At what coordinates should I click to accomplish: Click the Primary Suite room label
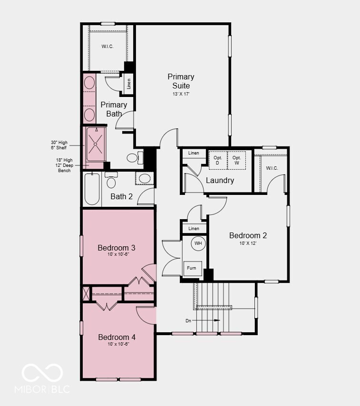[181, 81]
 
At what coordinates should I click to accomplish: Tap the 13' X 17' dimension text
[181, 94]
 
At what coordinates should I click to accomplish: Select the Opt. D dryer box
[218, 160]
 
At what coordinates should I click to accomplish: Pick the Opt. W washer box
[236, 160]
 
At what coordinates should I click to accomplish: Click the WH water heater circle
[198, 243]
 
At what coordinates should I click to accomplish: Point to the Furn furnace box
[191, 268]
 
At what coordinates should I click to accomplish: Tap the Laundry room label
[220, 181]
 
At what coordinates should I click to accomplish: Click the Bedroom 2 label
[248, 235]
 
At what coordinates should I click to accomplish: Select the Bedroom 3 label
[117, 248]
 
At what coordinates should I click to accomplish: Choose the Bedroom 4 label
[117, 337]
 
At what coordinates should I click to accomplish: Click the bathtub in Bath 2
[92, 189]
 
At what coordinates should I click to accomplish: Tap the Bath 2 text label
[122, 196]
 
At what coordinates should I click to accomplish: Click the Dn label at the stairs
[188, 320]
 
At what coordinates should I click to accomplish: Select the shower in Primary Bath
[96, 144]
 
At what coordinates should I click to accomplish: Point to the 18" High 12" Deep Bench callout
[64, 165]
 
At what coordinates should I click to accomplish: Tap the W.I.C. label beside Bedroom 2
[272, 168]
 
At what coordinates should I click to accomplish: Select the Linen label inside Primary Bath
[129, 84]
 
